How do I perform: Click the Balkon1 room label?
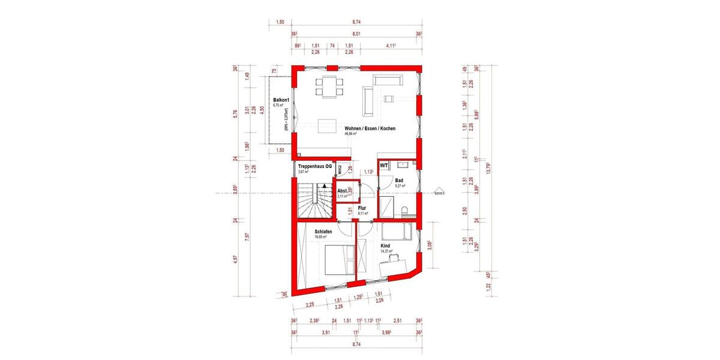coord(281,100)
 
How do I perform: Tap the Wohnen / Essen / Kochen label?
coord(370,128)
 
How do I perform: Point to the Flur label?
coord(362,208)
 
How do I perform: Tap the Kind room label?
coord(386,245)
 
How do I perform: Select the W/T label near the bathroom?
coord(384,165)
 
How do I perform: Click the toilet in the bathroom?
coord(405,211)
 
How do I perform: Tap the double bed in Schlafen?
coord(338,259)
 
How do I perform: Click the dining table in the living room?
coord(328,87)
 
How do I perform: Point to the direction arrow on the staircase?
coord(323,187)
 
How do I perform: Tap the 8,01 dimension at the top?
coord(356,34)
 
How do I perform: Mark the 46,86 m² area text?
coord(352,134)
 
